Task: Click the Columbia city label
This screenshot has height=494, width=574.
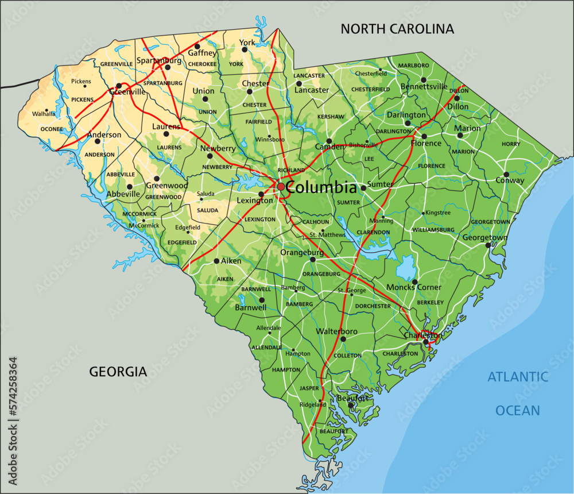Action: (x=321, y=187)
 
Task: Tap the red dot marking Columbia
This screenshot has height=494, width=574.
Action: (x=280, y=187)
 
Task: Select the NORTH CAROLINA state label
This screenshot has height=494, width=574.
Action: (x=397, y=29)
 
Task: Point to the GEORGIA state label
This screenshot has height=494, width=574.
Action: (x=118, y=372)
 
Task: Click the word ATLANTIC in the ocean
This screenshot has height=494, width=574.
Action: (x=518, y=377)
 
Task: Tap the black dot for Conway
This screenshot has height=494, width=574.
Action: (x=506, y=174)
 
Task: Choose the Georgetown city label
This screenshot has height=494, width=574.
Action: (x=485, y=237)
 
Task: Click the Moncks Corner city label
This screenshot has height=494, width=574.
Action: (x=414, y=287)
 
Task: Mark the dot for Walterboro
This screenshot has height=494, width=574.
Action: (x=343, y=339)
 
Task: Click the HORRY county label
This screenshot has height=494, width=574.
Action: (x=511, y=144)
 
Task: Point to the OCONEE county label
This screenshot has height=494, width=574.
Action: (x=52, y=129)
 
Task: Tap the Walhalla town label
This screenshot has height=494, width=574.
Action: (x=44, y=114)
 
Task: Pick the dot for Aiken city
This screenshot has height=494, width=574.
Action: (x=216, y=261)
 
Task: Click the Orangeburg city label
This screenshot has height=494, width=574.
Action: (x=302, y=252)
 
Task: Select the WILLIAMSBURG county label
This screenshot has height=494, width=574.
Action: (x=433, y=230)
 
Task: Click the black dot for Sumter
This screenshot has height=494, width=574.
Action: (x=363, y=188)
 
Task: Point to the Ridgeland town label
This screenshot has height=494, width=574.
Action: (x=313, y=404)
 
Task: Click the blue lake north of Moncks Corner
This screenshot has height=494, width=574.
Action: (x=406, y=268)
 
